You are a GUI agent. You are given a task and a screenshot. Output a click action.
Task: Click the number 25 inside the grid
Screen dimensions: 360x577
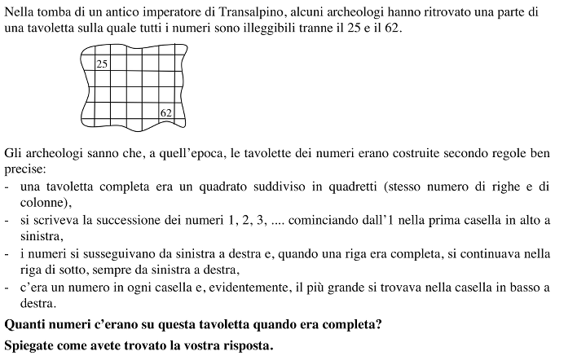tap(102, 64)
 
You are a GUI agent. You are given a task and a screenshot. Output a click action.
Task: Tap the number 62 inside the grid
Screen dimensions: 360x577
tap(166, 112)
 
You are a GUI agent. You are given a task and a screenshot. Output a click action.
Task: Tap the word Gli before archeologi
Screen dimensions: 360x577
tap(14, 152)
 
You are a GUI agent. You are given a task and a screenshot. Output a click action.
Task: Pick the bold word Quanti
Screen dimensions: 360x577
tap(25, 325)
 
